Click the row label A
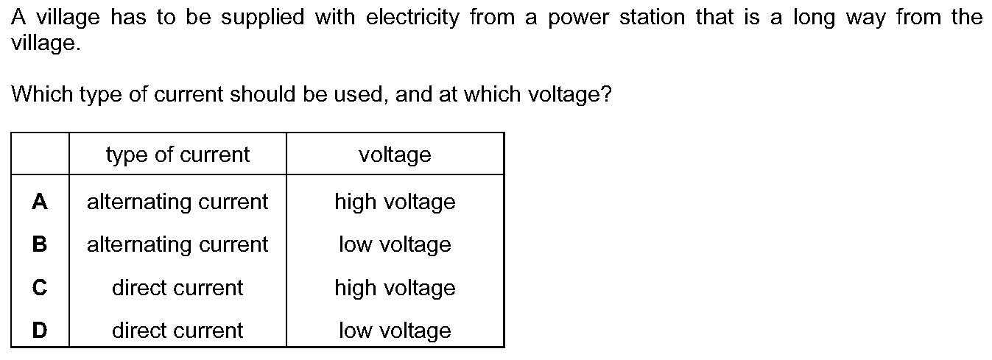40,202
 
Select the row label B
40,244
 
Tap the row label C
40,287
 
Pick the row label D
40,330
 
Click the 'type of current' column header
177,155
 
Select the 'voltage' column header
395,155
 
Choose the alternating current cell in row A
177,202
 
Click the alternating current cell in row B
177,244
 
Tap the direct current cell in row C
177,288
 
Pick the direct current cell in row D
177,331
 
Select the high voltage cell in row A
395,202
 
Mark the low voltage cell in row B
395,244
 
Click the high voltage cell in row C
395,288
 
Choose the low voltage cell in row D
395,331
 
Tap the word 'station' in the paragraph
652,18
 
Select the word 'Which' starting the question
42,94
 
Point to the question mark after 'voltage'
606,94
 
